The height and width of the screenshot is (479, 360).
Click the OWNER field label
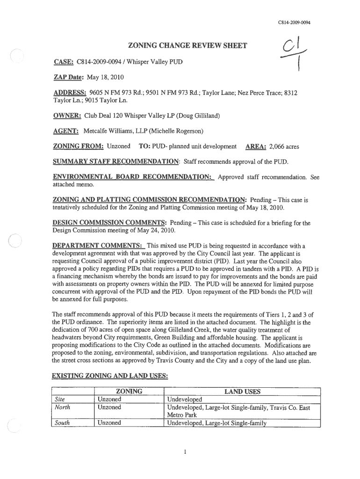pyautogui.click(x=67, y=116)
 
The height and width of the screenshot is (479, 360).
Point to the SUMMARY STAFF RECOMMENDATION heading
pyautogui.click(x=116, y=162)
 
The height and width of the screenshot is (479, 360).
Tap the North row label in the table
pyautogui.click(x=60, y=407)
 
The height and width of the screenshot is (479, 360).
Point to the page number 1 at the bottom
pyautogui.click(x=185, y=452)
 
